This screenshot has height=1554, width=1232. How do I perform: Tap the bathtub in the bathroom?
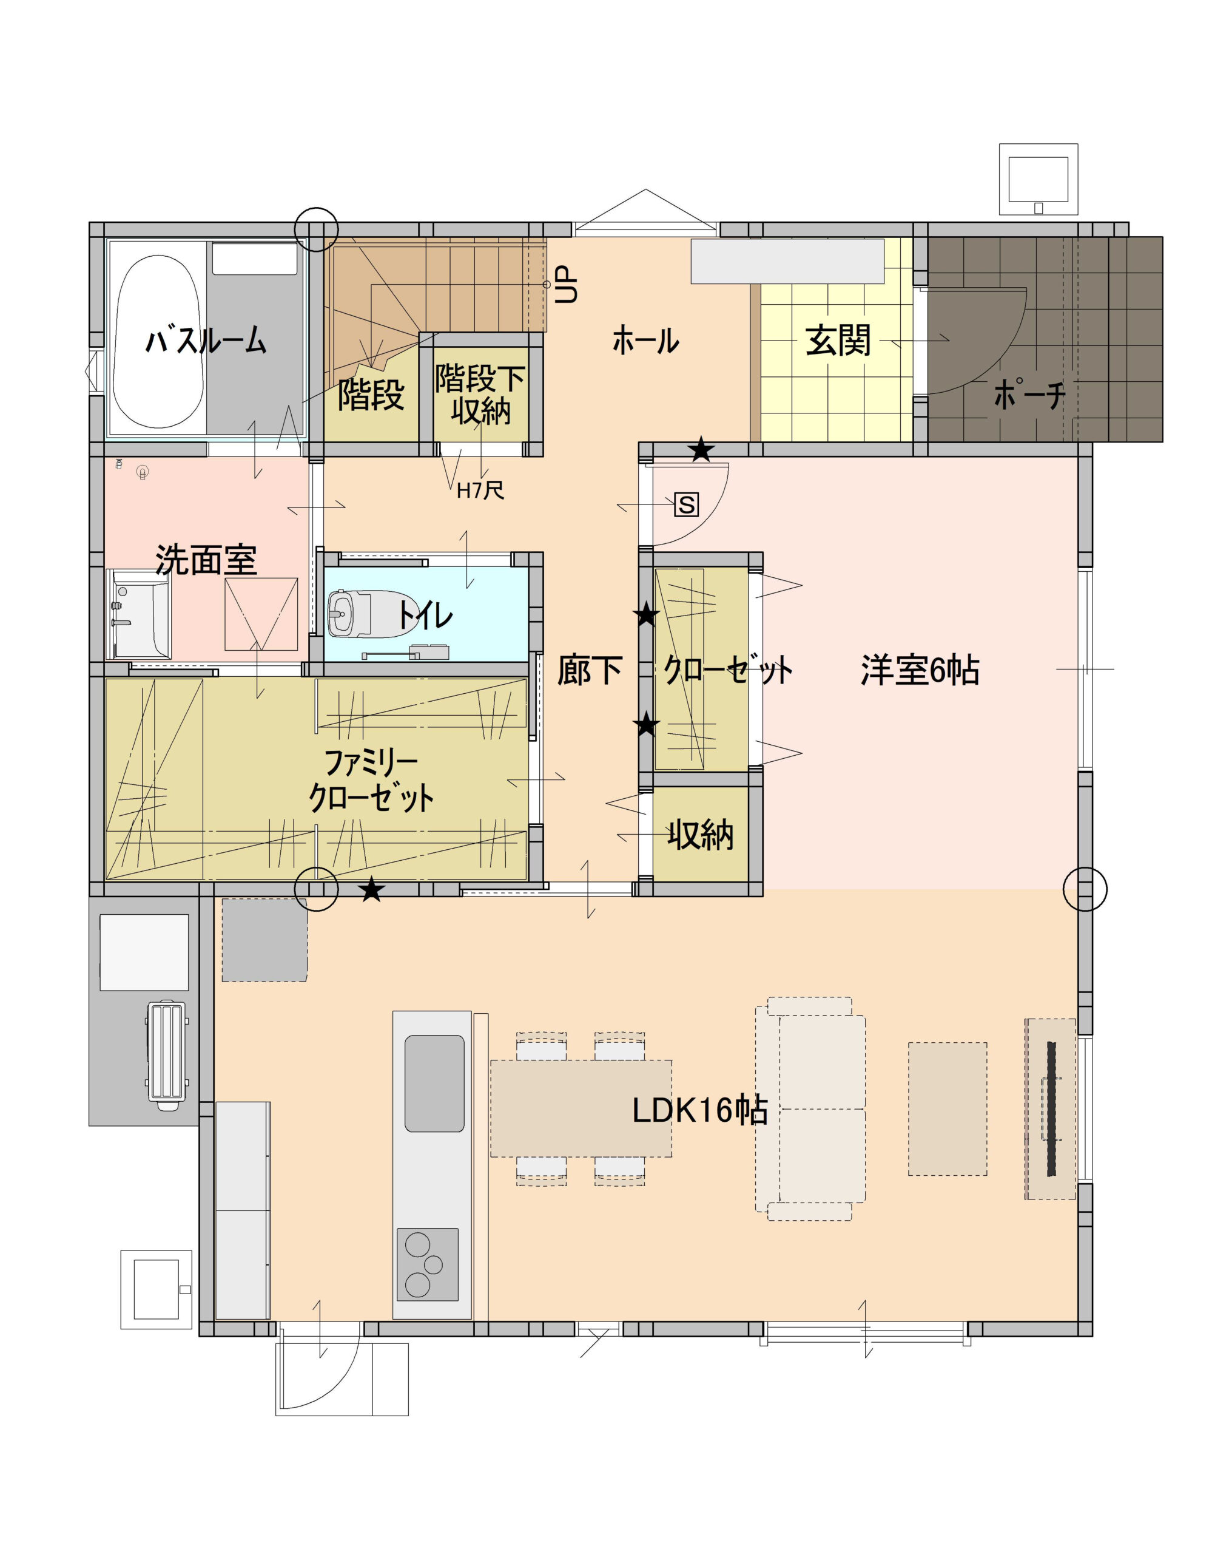coord(158,341)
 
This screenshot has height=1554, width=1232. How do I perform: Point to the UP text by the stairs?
coord(567,284)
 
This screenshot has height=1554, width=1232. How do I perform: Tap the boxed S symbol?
coord(686,504)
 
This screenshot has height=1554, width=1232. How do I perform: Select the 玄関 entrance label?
coord(837,340)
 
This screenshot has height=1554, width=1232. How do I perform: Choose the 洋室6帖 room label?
coord(920,670)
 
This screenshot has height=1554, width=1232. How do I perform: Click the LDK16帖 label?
coord(699,1110)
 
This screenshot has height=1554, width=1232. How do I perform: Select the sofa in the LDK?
coord(810,1108)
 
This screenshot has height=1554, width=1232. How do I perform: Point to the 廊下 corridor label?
coord(590,670)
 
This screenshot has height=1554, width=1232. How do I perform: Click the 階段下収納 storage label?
coord(480,393)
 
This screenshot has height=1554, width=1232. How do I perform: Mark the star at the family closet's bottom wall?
coord(371,889)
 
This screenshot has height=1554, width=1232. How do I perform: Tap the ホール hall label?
coord(645,340)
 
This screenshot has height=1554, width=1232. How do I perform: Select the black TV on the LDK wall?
coord(1051,1108)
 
